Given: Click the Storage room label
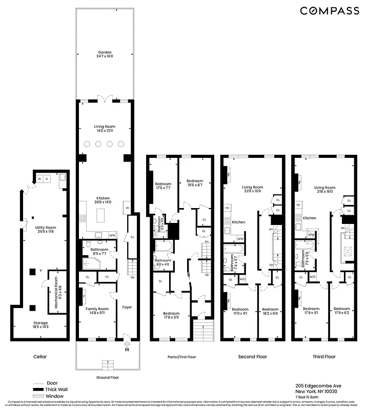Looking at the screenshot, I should tap(40, 325).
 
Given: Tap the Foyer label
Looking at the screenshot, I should tap(127, 307).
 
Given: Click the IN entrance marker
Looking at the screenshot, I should tap(127, 350).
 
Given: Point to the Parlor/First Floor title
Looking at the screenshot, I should tap(181, 357).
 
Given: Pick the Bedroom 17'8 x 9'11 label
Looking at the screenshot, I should tap(171, 316).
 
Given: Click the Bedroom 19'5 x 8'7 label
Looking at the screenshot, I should tap(195, 183).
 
